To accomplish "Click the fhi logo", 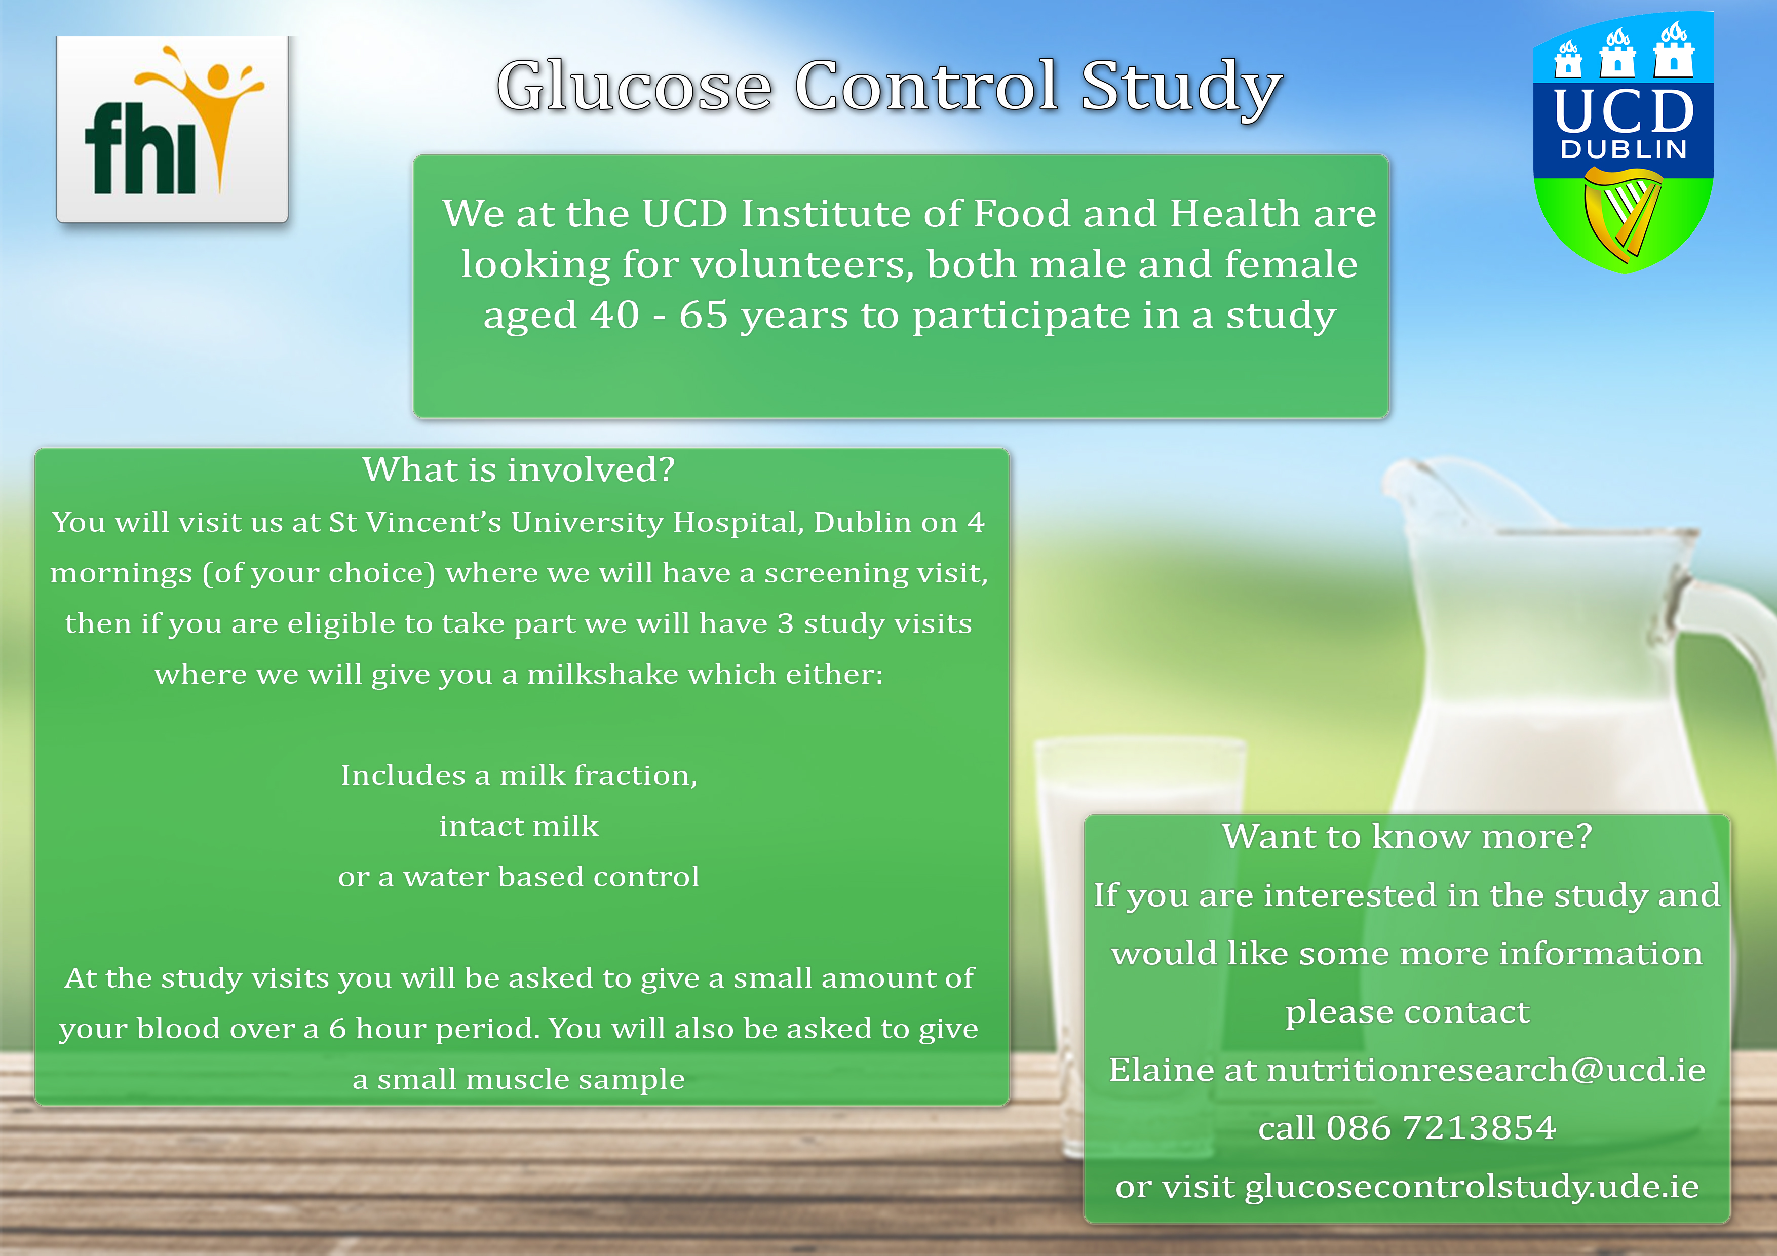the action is tap(172, 129).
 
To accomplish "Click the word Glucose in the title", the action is tap(635, 87).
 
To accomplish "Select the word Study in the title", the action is tap(1181, 89).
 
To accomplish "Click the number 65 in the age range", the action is tap(704, 315).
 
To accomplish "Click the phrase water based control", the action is tap(551, 876).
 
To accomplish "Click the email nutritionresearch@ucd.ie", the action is tap(1486, 1070).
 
